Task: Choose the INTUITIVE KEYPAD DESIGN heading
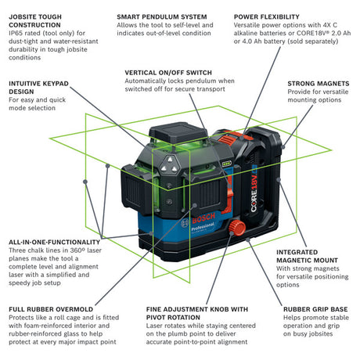pos(40,86)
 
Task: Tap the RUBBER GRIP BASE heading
pos(317,308)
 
